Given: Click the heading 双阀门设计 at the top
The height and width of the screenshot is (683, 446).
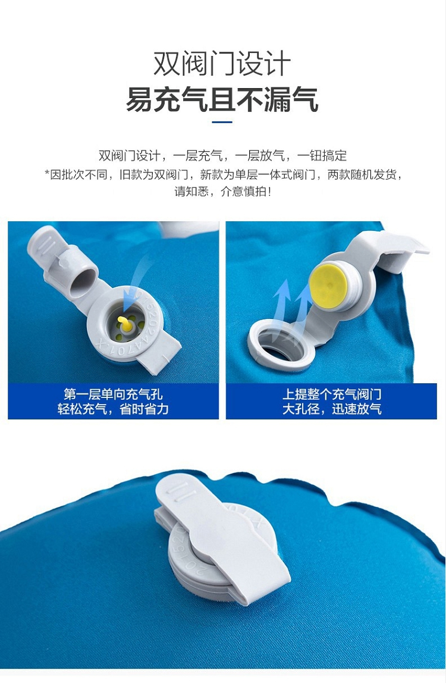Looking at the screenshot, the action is coord(222,64).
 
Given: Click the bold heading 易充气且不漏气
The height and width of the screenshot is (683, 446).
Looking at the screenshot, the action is coord(222,100).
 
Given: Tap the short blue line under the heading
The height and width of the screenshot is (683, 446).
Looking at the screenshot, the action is coord(222,122).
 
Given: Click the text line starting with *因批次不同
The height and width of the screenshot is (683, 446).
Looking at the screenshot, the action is coord(223,175).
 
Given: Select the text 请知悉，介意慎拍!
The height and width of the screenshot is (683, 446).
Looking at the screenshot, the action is coord(223,192).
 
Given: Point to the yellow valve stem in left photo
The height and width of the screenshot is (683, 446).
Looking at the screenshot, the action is coord(125,323).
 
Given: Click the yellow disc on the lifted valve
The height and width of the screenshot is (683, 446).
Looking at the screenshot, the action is coord(329,286).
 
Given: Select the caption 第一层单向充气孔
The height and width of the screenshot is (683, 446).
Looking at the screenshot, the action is coord(113,394).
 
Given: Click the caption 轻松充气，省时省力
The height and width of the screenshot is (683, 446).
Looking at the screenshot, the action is coord(113,409).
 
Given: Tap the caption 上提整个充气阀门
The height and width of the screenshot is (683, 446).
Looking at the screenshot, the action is coord(332,394).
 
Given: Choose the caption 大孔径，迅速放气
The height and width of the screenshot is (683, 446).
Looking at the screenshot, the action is coord(332,409).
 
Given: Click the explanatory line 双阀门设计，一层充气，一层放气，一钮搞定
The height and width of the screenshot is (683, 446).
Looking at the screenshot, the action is coord(223,155).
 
